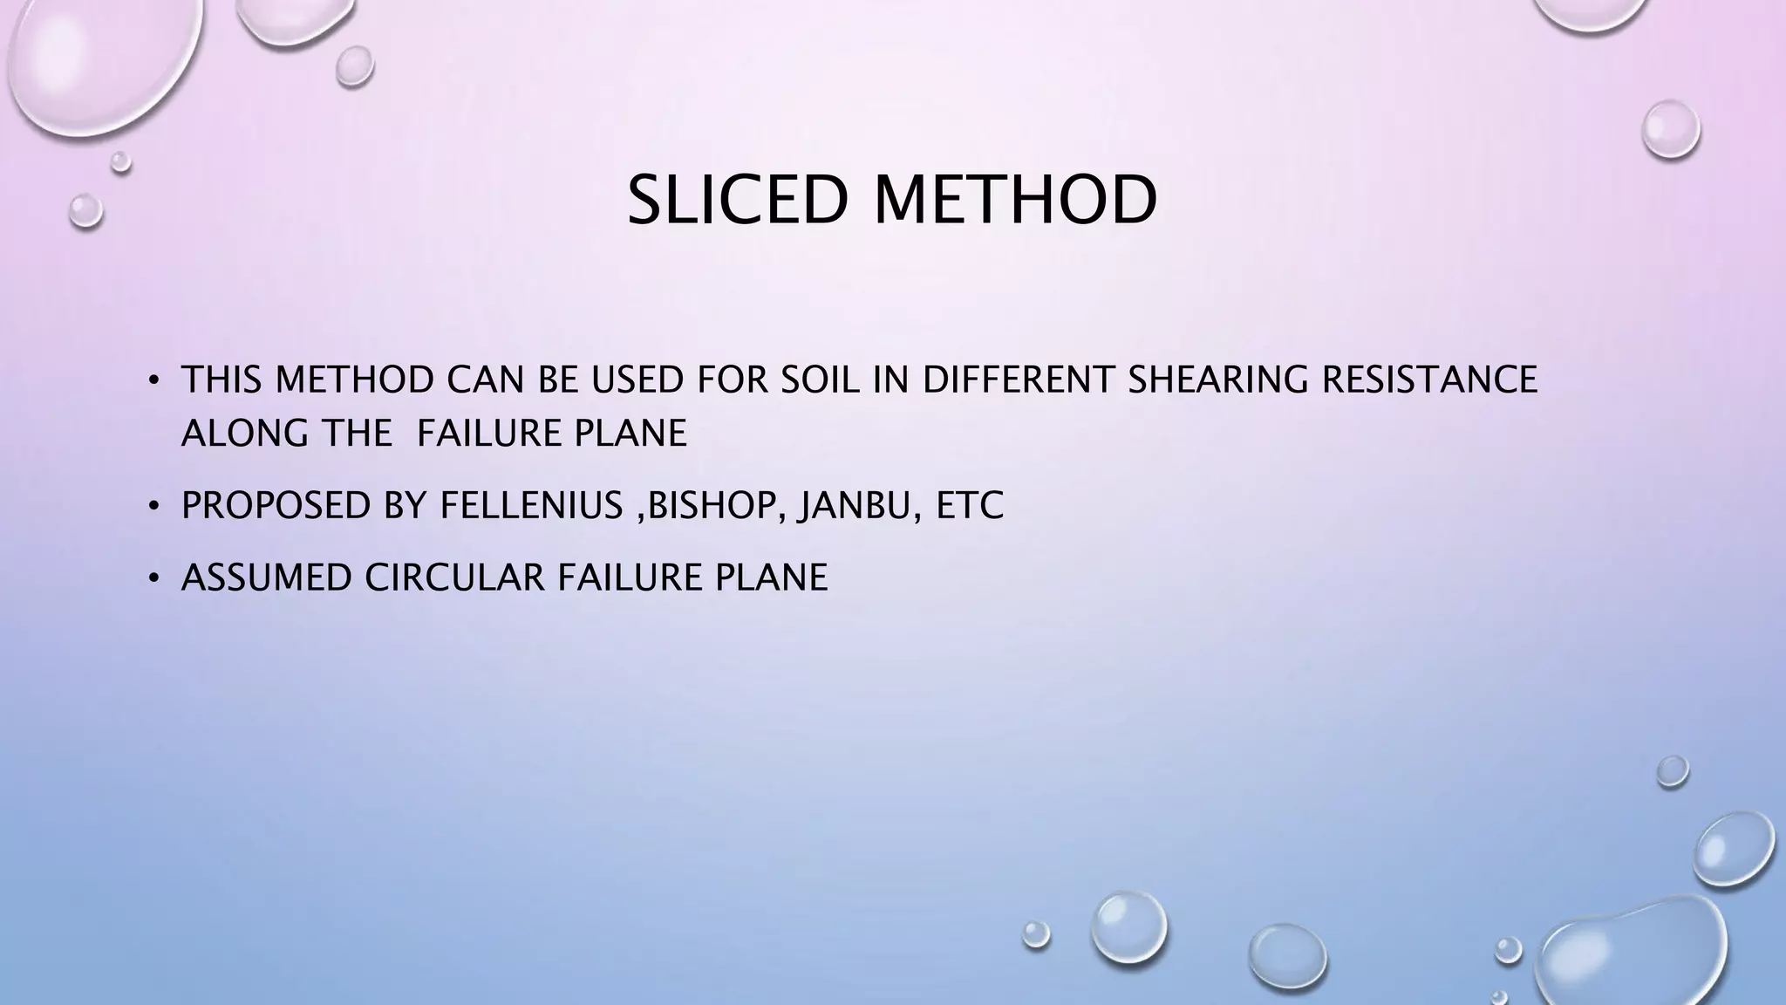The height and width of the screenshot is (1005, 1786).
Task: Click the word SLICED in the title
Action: tap(738, 201)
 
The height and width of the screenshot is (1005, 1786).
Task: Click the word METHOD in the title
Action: tap(1015, 201)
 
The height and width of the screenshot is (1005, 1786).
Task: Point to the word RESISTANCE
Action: tap(1429, 379)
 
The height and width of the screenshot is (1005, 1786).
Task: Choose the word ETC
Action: tap(970, 505)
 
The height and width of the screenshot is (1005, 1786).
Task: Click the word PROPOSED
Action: tap(276, 505)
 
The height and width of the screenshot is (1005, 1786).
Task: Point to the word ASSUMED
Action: tap(266, 578)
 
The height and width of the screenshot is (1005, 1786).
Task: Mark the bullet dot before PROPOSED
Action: tap(154, 506)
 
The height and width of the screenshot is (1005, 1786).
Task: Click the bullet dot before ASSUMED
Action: tap(154, 578)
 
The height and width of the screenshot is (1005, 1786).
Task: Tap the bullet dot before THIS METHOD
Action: tap(154, 380)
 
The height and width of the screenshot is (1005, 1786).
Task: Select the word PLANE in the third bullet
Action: tap(771, 578)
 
